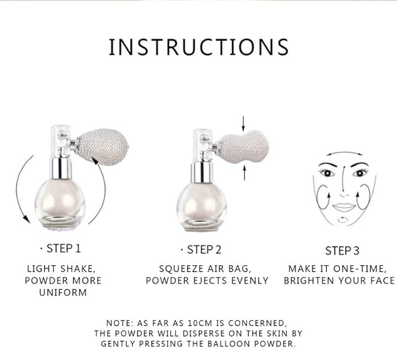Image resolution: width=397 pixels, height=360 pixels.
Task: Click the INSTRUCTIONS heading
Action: tap(199, 47)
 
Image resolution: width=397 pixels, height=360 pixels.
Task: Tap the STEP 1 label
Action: tap(64, 248)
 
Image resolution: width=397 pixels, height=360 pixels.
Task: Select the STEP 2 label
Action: tap(204, 250)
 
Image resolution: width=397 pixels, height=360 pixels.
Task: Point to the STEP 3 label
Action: tap(342, 251)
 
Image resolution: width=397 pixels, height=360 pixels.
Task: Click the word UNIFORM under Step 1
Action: tap(63, 293)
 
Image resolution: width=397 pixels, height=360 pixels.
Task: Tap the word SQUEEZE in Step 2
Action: tap(181, 269)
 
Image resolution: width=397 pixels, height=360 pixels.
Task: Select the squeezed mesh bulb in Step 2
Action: tap(243, 147)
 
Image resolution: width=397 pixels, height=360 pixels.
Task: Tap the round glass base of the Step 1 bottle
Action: tap(60, 203)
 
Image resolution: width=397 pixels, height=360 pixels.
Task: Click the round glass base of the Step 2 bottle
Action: tap(202, 207)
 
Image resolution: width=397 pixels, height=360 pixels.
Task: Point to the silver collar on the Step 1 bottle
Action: tap(60, 168)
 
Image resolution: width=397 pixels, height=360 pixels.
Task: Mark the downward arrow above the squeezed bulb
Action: tap(243, 123)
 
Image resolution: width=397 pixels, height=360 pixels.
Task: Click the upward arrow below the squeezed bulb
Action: tap(244, 173)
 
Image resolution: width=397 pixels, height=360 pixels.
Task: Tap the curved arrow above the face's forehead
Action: tap(344, 153)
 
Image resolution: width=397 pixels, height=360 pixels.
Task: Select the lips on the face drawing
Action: tap(343, 207)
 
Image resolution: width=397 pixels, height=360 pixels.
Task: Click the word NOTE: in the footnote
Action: tap(119, 323)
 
